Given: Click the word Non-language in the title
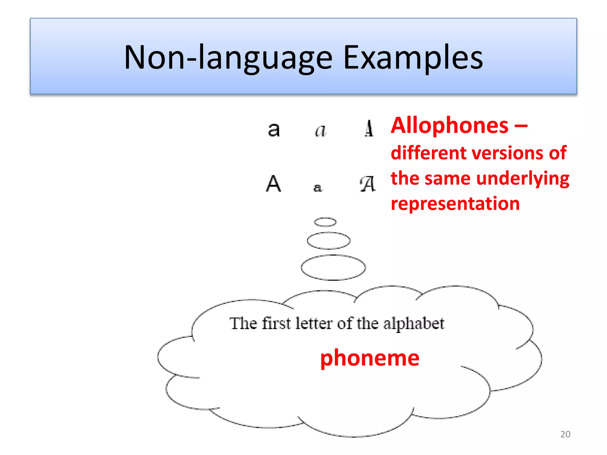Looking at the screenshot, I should click(x=228, y=58).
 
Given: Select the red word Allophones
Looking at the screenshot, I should click(x=450, y=126).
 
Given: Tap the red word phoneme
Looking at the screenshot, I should click(x=370, y=358).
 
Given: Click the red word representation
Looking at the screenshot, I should click(x=455, y=204).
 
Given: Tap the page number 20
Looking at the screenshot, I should click(x=565, y=434).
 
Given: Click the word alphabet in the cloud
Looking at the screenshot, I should click(x=414, y=324).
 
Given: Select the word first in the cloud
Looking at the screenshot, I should click(x=276, y=323).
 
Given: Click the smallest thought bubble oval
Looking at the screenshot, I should click(x=325, y=222).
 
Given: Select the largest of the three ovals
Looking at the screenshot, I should click(x=333, y=267).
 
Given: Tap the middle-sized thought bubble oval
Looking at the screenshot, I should click(x=328, y=241).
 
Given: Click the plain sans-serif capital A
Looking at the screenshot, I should click(x=273, y=184).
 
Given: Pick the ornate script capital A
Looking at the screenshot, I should click(x=368, y=184).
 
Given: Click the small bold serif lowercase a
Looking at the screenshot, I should click(x=317, y=188).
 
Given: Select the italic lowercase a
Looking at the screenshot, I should click(x=320, y=130).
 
